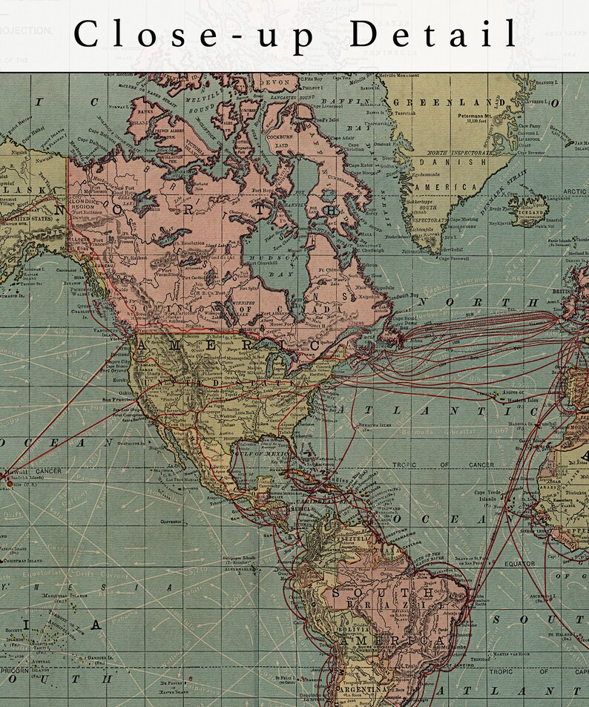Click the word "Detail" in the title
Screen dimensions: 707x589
pos(434,34)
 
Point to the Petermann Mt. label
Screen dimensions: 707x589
pos(464,116)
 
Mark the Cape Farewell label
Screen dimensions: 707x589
pos(455,258)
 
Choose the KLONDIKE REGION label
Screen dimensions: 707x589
pos(93,203)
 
